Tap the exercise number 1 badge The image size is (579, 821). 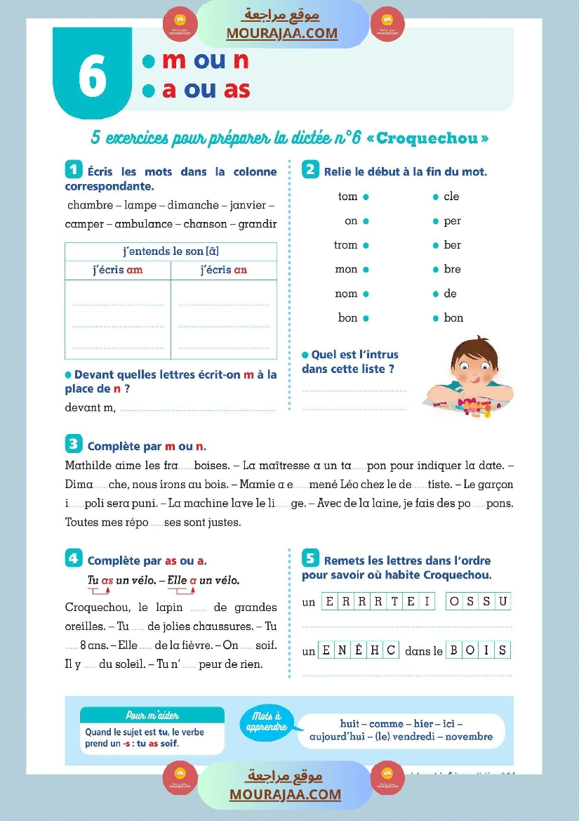pos(73,169)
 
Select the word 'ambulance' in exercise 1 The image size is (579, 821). pos(143,224)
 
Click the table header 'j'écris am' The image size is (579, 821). pos(117,270)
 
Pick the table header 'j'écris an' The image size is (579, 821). pos(223,270)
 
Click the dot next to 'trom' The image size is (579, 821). pos(366,245)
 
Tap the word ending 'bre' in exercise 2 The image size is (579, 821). pos(452,269)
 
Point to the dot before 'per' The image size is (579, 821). pos(435,221)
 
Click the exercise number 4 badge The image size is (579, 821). pos(73,559)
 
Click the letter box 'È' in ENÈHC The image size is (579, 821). pos(358,650)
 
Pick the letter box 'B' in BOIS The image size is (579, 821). pos(453,650)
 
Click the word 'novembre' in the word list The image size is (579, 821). pos(469,737)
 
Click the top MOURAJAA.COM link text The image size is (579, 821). pos(282,33)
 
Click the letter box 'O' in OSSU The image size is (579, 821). pos(454,602)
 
